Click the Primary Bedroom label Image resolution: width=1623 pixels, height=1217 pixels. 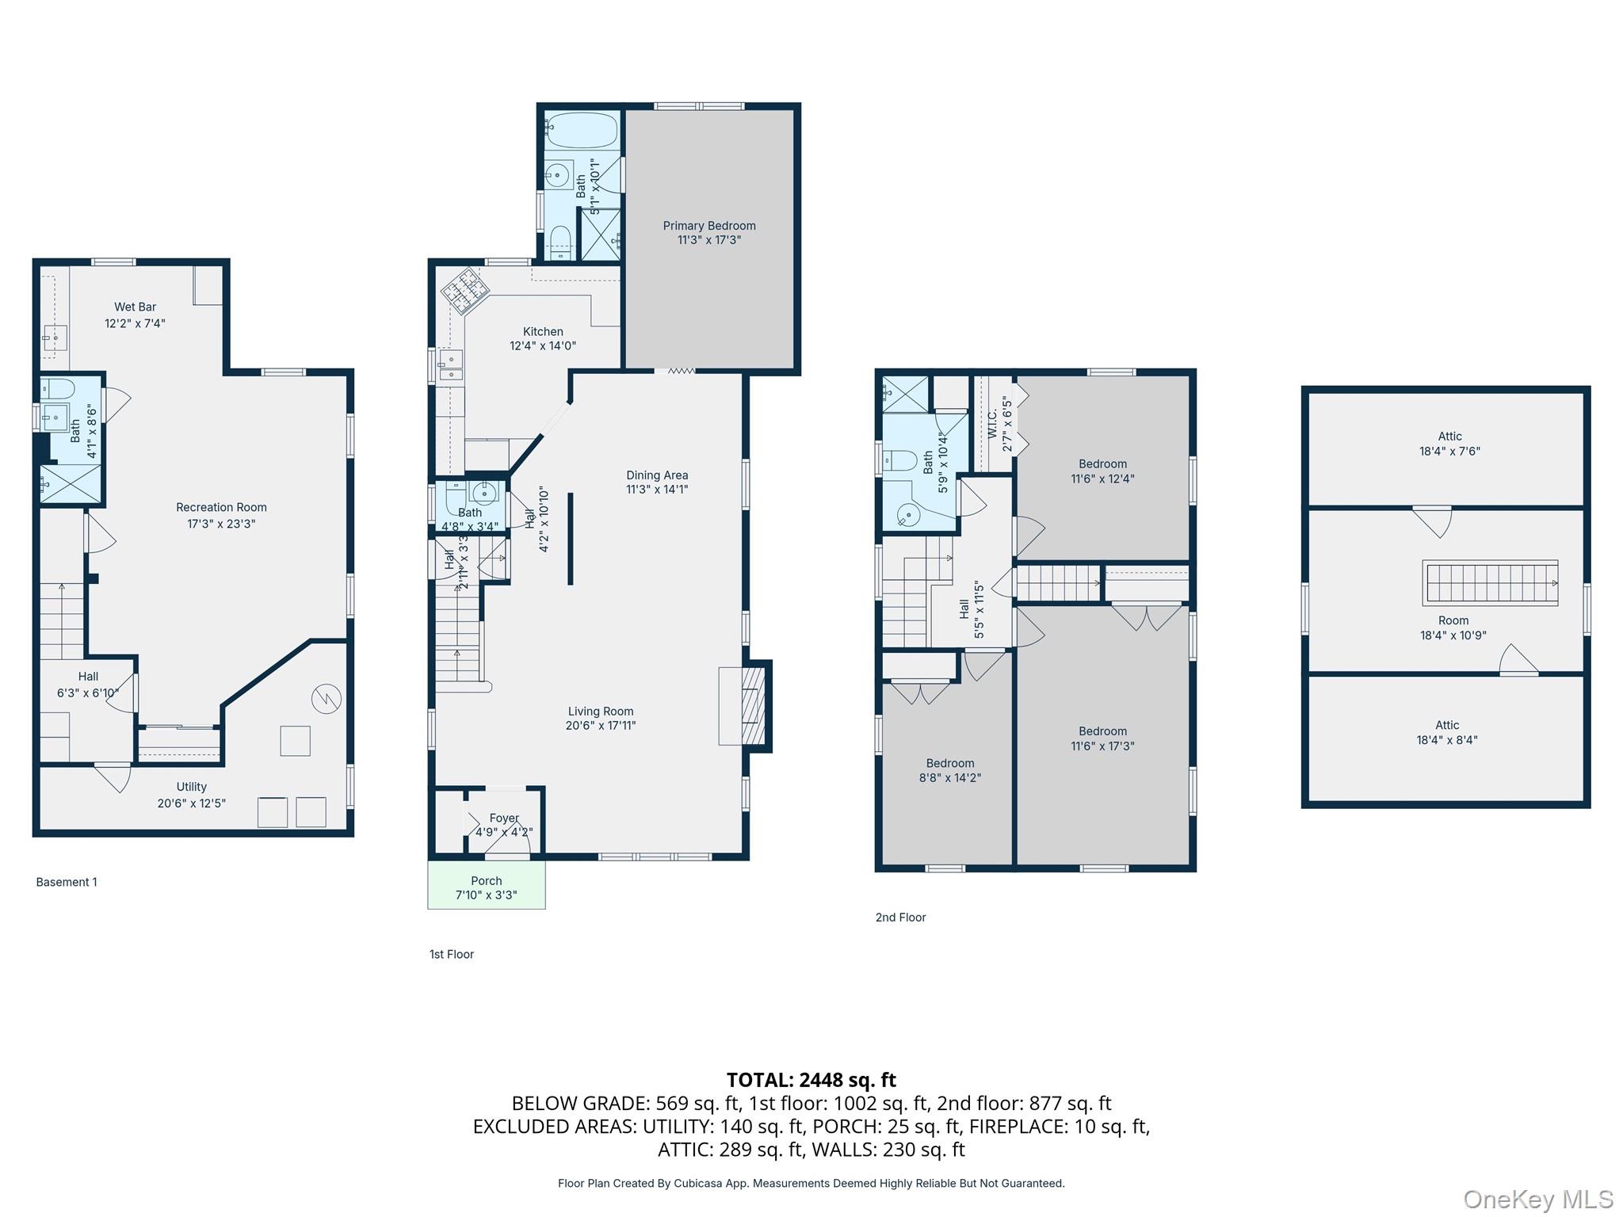[708, 226]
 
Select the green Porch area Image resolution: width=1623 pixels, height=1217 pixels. [486, 884]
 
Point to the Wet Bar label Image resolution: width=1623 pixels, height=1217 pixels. [135, 307]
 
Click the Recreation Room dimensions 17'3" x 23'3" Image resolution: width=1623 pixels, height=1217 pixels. [221, 524]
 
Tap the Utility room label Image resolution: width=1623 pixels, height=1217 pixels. [191, 787]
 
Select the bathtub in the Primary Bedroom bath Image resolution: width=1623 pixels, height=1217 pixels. [581, 131]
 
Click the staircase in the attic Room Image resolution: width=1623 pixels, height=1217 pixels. [1489, 583]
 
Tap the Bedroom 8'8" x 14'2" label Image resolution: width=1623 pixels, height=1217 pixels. [949, 764]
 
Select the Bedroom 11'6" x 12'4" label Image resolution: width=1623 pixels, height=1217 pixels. [1102, 464]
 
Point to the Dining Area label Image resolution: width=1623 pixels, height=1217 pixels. [656, 475]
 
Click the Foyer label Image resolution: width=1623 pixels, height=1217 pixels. [504, 818]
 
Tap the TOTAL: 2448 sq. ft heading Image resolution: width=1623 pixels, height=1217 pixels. [811, 1080]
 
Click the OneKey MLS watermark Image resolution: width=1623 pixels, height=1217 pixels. [1537, 1200]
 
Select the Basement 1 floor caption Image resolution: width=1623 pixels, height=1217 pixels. [67, 882]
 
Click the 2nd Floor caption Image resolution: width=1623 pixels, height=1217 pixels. [900, 918]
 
